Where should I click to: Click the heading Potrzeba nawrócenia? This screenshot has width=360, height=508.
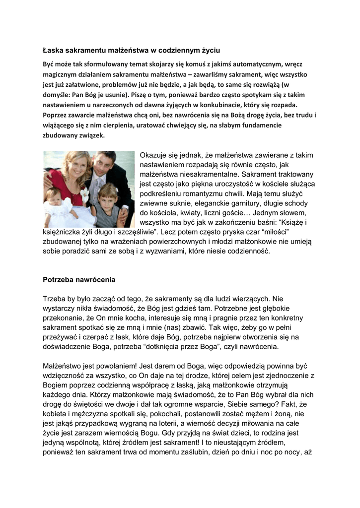pyautogui.click(x=79, y=280)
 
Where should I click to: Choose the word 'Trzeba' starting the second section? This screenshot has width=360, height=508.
pyautogui.click(x=56, y=299)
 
